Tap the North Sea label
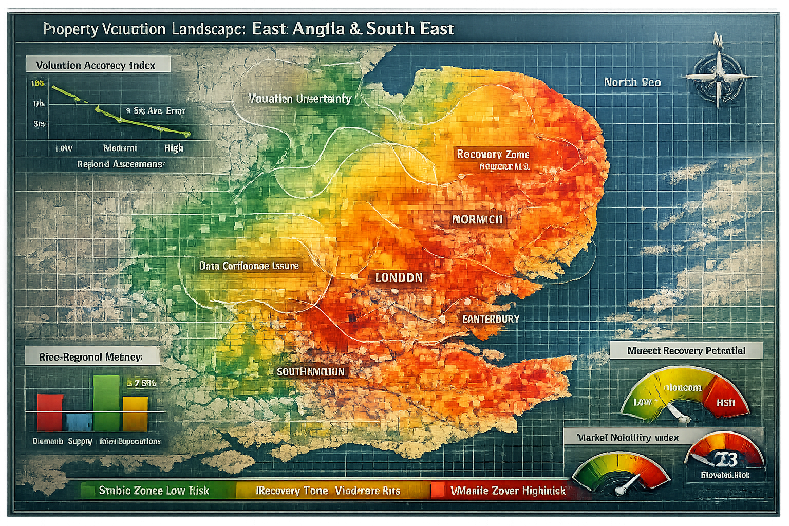632,82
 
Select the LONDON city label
399,278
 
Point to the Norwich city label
477,220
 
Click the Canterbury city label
491,319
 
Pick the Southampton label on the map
311,371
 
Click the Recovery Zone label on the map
493,154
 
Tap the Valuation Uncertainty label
299,99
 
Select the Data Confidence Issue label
249,266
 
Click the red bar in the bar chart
50,412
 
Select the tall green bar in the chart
106,403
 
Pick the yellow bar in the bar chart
135,413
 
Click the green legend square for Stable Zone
88,491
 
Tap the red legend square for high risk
438,490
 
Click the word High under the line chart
174,148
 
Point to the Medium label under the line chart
120,148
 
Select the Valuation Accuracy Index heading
96,65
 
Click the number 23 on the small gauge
725,459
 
